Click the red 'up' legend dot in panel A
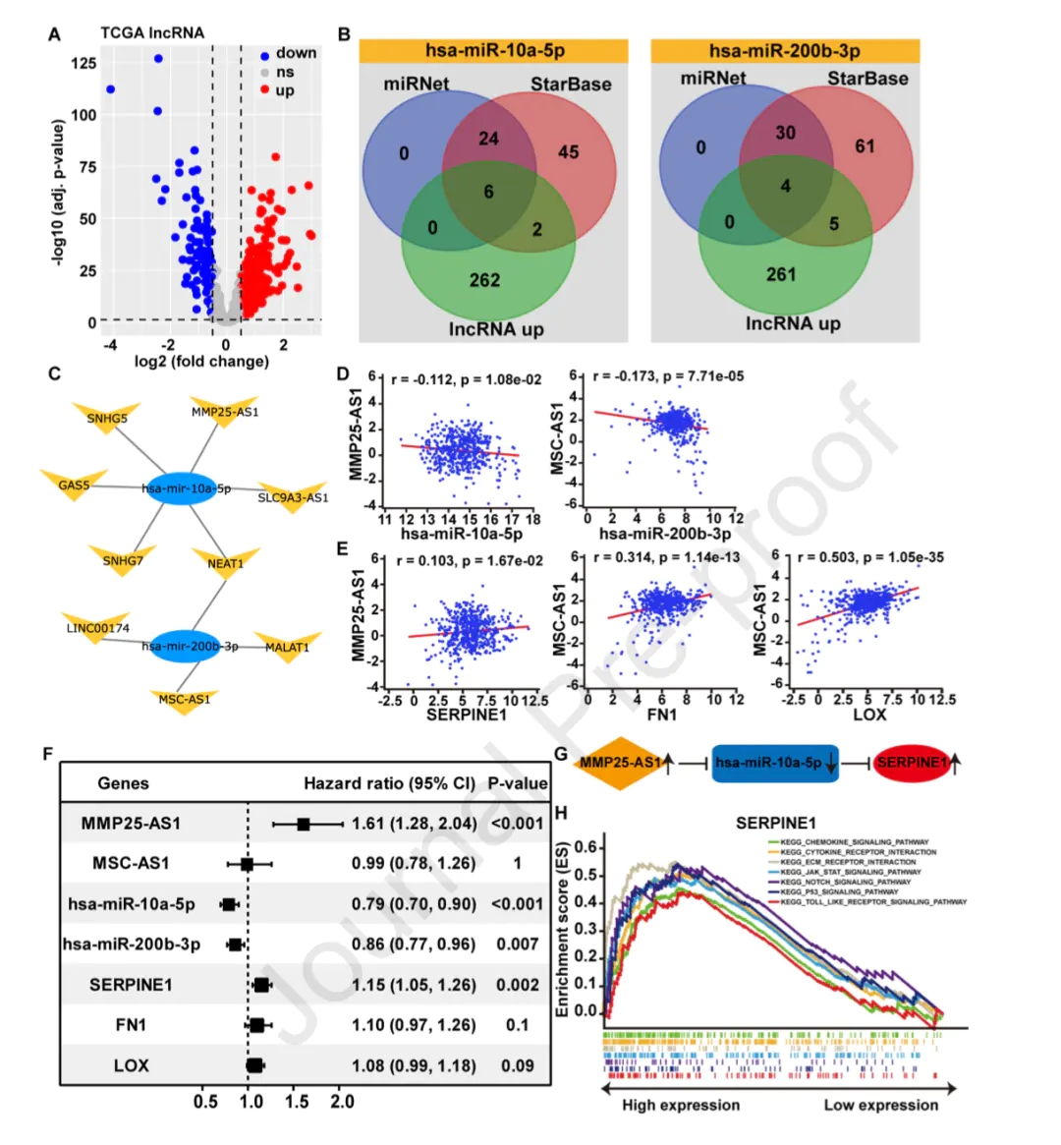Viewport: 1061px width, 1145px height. [265, 90]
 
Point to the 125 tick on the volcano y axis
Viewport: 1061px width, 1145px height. [84, 63]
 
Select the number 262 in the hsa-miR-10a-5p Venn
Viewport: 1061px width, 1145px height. [484, 280]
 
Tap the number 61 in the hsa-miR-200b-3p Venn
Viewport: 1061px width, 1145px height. [865, 146]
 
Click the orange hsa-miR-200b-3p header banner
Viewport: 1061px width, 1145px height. [785, 51]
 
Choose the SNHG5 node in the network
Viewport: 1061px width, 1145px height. [107, 420]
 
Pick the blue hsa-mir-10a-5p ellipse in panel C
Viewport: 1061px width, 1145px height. [183, 488]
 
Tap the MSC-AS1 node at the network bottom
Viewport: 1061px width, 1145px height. [185, 700]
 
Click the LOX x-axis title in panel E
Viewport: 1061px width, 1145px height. [869, 715]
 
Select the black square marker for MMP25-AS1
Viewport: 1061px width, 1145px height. [304, 824]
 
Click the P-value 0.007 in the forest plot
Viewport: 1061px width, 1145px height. [517, 945]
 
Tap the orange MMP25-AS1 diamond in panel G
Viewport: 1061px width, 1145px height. [620, 763]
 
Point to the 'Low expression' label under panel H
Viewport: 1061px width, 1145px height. [880, 1105]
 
